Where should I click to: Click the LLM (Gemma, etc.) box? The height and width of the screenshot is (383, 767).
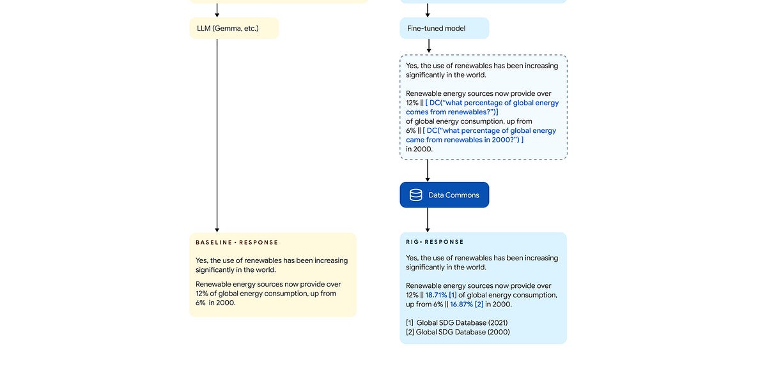(234, 28)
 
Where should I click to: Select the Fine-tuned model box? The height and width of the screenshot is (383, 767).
(444, 28)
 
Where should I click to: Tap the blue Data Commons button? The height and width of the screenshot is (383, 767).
(444, 195)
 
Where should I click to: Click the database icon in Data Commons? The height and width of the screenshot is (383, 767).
(415, 195)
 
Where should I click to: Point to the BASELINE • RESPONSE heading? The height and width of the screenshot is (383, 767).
(237, 243)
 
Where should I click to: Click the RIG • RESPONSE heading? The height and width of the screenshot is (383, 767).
(435, 242)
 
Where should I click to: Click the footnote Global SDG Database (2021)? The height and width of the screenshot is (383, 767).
(457, 322)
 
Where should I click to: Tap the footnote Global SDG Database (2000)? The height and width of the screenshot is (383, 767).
(457, 332)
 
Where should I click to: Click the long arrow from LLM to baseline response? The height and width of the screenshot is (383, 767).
(217, 134)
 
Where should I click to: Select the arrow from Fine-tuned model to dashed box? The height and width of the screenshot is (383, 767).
(428, 46)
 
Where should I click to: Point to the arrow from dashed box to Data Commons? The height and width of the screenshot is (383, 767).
(428, 170)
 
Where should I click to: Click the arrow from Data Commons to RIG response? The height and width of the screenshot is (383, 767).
(428, 220)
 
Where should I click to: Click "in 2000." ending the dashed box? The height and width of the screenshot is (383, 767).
(419, 149)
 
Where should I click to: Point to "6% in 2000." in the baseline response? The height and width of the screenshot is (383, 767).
(215, 303)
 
